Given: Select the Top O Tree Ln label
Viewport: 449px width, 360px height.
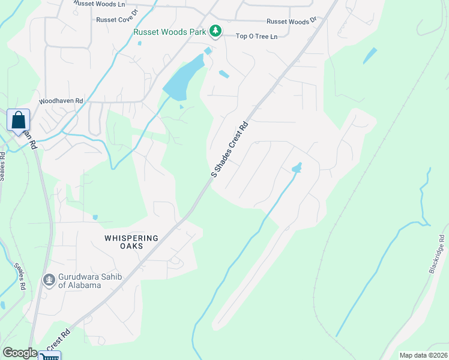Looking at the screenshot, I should point(256,37).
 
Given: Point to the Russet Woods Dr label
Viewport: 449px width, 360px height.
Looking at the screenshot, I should point(291,21).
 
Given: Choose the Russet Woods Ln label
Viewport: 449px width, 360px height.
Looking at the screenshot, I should point(99,3).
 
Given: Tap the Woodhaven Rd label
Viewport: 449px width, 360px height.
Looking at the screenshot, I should point(61,101).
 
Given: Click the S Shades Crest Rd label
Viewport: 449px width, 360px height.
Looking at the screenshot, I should point(230,150).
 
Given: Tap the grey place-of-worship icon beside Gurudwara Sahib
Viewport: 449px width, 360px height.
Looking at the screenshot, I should point(49,280).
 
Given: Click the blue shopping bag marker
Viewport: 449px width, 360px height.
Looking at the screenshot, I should point(18,119).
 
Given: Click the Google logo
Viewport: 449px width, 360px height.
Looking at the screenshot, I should point(20,353).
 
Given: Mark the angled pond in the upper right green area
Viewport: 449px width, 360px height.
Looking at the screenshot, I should point(370,56).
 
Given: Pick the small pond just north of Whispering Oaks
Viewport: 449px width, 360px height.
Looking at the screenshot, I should point(95,217).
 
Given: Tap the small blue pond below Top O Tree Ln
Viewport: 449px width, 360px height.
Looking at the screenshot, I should point(223,74).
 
